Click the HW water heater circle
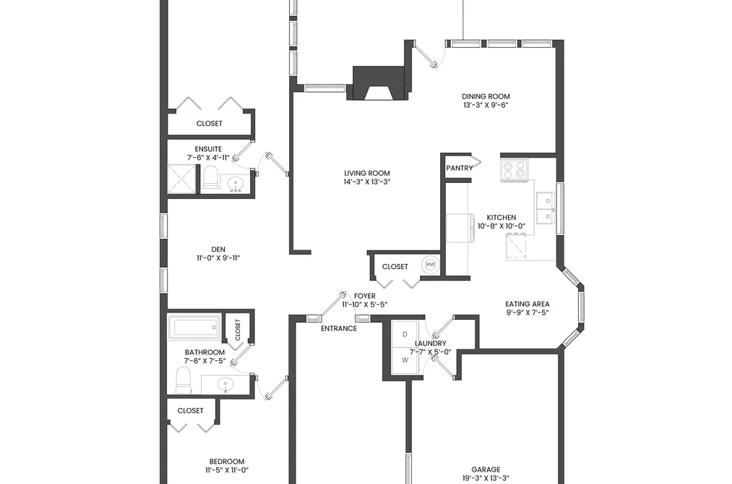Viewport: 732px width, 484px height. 431,264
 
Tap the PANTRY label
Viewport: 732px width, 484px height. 460,168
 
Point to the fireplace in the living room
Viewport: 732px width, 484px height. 379,83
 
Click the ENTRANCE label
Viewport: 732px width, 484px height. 339,328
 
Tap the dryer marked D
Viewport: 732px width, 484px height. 405,334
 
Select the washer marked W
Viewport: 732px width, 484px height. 405,360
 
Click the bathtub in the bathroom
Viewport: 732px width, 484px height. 194,327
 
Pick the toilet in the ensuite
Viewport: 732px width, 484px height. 210,177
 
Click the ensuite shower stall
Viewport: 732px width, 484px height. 181,179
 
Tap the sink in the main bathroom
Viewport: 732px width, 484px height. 226,385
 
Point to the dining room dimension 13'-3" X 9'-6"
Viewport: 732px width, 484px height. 486,105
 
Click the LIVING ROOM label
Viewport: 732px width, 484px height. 367,174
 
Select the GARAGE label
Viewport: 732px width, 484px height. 486,470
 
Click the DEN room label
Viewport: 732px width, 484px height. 218,250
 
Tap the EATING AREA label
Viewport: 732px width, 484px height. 527,304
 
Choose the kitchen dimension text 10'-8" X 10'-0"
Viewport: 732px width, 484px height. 501,226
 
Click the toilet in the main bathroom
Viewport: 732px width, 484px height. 184,380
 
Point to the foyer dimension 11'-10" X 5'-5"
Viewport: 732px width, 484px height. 365,305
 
